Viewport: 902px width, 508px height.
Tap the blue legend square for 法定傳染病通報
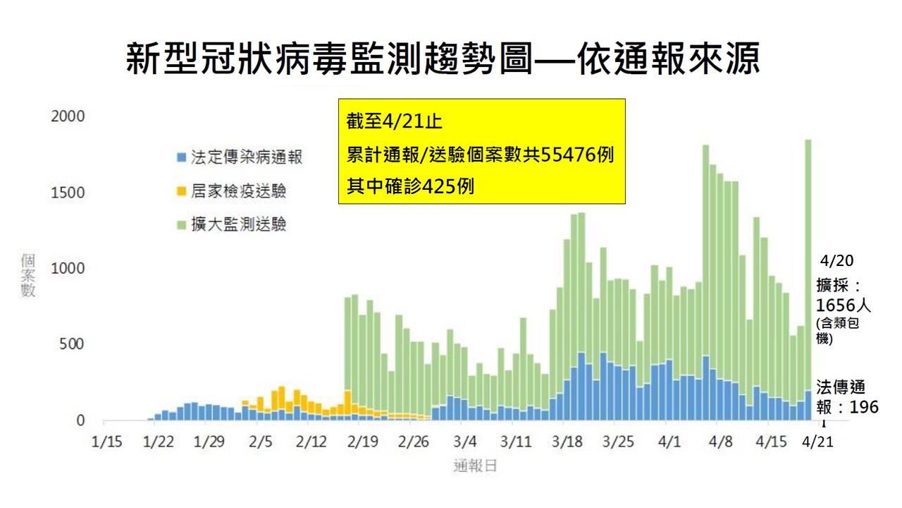tap(181, 157)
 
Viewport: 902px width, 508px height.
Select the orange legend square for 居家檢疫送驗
tap(181, 191)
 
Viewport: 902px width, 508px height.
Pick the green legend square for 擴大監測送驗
tap(181, 225)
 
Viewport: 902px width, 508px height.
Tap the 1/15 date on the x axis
tap(107, 442)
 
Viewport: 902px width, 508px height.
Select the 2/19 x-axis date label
tap(364, 442)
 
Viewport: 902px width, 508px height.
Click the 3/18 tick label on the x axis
tap(568, 442)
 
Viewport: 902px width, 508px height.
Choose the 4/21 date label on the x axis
tap(817, 442)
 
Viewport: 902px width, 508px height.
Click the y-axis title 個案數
tap(28, 275)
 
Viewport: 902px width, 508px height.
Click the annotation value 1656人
tap(842, 306)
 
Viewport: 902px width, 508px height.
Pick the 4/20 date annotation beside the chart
tap(837, 261)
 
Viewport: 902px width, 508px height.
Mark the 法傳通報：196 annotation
tap(846, 397)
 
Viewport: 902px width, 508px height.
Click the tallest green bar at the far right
tap(808, 268)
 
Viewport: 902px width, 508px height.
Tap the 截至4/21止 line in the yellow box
tap(394, 122)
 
